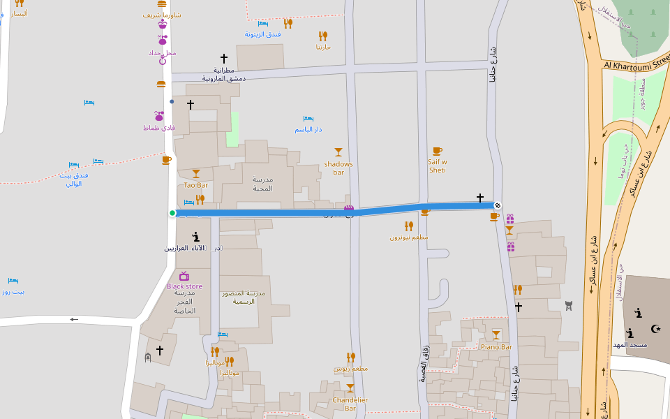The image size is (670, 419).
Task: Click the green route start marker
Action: [x=172, y=213]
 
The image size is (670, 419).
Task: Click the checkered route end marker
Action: [x=498, y=205]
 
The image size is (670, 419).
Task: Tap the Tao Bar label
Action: [x=195, y=185]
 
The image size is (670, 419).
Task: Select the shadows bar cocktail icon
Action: [x=338, y=152]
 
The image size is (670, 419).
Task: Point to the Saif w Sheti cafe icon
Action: [x=438, y=151]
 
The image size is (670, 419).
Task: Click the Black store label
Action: [x=184, y=286]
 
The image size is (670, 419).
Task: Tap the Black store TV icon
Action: [x=184, y=276]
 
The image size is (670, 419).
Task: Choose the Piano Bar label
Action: [x=496, y=346]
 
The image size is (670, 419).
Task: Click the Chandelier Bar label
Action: [x=350, y=404]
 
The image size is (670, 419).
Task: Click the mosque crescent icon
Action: [x=655, y=329]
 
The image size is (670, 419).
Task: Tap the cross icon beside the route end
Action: [x=480, y=198]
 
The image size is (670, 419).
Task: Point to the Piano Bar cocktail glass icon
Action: [x=496, y=335]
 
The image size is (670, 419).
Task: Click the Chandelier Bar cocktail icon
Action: [x=350, y=388]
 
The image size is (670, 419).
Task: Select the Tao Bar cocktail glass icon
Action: [x=196, y=174]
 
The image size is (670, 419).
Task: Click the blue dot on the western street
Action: [x=172, y=101]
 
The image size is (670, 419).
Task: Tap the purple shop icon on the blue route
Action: [x=349, y=208]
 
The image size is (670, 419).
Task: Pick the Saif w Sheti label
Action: [x=438, y=166]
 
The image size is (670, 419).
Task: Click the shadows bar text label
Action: [x=338, y=168]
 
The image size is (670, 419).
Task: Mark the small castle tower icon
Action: [x=569, y=304]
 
